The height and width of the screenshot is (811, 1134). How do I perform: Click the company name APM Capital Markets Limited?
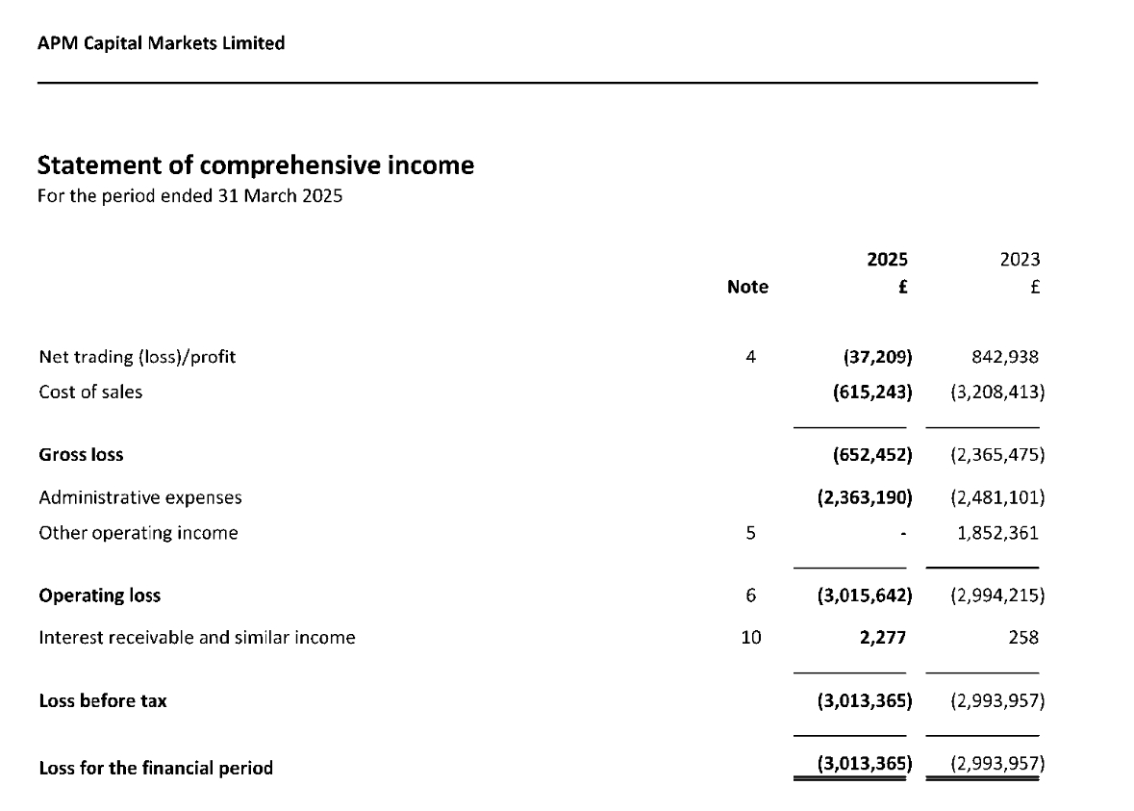(x=161, y=43)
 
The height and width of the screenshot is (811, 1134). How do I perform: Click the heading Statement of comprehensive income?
(x=255, y=165)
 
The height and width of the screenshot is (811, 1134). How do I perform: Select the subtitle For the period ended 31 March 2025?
(x=189, y=197)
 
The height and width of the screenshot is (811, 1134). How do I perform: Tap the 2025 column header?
(x=887, y=260)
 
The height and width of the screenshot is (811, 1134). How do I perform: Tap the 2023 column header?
(x=1020, y=260)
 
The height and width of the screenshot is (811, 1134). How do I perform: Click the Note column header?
(x=747, y=287)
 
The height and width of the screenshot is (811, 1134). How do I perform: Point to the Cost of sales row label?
(x=90, y=393)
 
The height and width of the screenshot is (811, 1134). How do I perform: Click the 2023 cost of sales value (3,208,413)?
(x=996, y=393)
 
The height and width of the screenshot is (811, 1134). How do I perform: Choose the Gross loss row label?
(x=81, y=454)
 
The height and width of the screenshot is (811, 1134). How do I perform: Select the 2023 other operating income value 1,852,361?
(x=997, y=533)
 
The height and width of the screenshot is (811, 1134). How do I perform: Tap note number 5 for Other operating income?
(x=750, y=533)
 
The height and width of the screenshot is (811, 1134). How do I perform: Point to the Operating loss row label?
(x=99, y=596)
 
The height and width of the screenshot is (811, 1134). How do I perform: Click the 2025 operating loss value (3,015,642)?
(x=864, y=596)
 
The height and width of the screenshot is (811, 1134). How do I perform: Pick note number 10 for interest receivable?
(x=750, y=637)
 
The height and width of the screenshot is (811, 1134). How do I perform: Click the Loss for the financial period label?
(x=156, y=768)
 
